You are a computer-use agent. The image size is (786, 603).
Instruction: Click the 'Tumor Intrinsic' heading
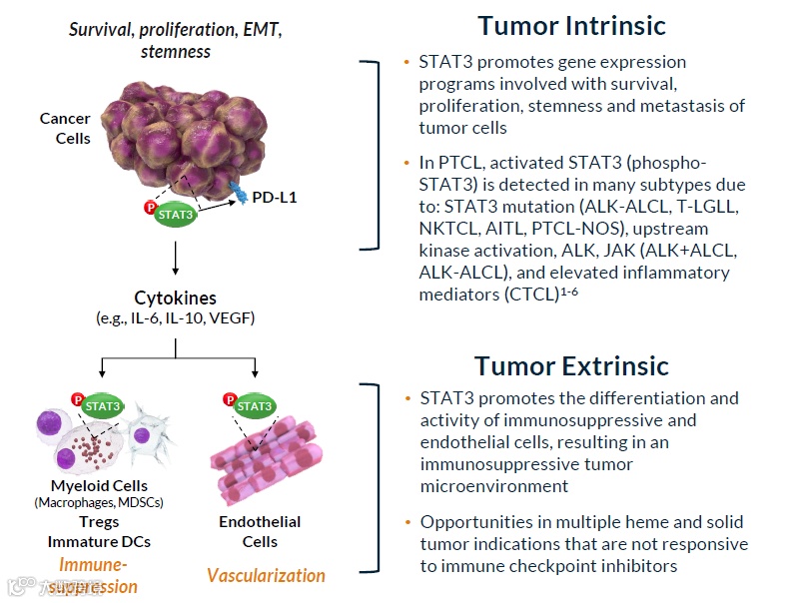(571, 25)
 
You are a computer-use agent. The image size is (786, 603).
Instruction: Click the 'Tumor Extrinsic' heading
(571, 365)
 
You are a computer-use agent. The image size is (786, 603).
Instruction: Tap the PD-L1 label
(275, 198)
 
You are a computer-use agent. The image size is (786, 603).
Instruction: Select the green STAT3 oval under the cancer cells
(175, 213)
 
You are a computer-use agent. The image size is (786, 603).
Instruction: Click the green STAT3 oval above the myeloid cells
(103, 406)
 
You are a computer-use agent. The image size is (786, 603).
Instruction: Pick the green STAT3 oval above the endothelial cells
(255, 406)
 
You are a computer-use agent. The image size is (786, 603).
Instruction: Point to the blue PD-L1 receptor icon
(238, 192)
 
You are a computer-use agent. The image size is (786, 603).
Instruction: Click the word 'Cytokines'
(175, 298)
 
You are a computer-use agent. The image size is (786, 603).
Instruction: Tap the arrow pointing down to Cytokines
(176, 257)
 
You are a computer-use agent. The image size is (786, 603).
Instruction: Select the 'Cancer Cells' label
(65, 128)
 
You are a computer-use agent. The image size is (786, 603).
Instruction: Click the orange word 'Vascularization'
(266, 575)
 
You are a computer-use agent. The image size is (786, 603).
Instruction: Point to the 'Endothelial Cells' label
(259, 531)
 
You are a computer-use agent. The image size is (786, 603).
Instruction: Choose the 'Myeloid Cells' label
(99, 485)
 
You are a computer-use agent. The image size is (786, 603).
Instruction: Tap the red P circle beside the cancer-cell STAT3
(152, 208)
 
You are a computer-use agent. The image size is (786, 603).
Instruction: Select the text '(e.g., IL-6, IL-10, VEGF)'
(175, 318)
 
